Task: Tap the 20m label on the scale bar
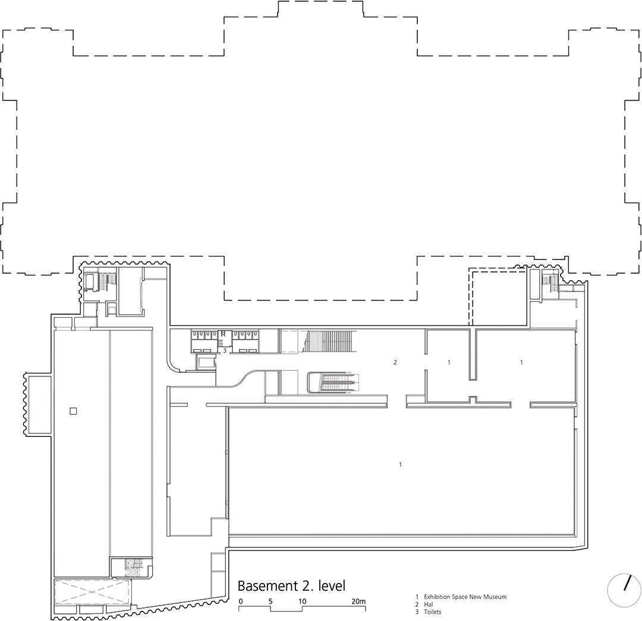(358, 601)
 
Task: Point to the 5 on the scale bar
(270, 601)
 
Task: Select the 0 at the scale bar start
(241, 601)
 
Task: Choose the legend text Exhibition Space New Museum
(465, 597)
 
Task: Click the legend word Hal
(428, 604)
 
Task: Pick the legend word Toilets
(432, 612)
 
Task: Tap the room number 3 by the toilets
(224, 350)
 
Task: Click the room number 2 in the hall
(395, 362)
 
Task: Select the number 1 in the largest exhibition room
(400, 464)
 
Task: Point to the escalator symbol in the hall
(333, 382)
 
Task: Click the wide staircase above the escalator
(329, 342)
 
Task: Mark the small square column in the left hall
(73, 411)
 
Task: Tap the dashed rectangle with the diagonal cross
(93, 591)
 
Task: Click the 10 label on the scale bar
(302, 601)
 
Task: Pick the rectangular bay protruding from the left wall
(37, 405)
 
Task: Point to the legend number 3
(417, 612)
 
